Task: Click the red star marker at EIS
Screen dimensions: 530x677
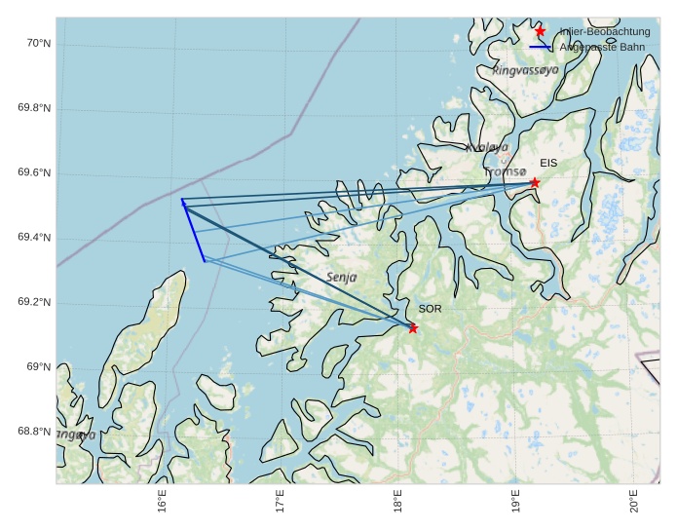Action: [x=535, y=182]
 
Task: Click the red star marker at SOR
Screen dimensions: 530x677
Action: [x=413, y=328]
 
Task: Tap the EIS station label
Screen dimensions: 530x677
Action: [x=548, y=163]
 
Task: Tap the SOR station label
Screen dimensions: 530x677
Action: [x=430, y=309]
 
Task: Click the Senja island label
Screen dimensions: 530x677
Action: [x=341, y=278]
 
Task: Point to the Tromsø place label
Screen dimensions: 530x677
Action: [x=505, y=172]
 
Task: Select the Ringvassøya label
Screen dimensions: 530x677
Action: [x=525, y=70]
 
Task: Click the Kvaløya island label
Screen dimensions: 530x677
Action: [x=487, y=147]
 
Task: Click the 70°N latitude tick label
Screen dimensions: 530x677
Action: [x=38, y=43]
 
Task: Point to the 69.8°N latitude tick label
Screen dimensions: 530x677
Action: [x=34, y=108]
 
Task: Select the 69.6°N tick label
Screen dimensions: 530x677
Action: [x=34, y=173]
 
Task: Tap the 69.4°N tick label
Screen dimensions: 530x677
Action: [x=34, y=239]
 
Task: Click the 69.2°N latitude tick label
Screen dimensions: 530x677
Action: [x=34, y=303]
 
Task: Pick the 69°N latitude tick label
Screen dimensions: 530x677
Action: [x=38, y=367]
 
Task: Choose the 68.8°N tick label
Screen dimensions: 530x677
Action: [x=34, y=432]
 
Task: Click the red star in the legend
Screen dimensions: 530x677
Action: [x=541, y=31]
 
